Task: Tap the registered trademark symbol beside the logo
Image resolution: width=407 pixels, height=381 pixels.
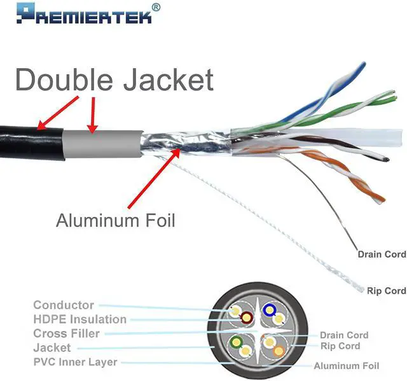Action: (x=156, y=7)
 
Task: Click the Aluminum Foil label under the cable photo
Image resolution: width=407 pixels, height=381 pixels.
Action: (x=115, y=221)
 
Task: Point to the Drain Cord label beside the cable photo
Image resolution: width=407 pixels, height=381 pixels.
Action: (x=382, y=254)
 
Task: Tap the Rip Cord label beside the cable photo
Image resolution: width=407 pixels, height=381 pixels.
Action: (x=386, y=291)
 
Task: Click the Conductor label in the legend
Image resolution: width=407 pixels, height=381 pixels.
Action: (x=64, y=305)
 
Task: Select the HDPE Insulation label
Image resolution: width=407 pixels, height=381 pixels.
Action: (x=79, y=319)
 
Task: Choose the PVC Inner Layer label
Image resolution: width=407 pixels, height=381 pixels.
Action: (x=75, y=362)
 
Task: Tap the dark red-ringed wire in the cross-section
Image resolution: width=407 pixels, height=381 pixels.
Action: (x=245, y=317)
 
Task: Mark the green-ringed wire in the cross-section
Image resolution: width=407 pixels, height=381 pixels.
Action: (x=237, y=342)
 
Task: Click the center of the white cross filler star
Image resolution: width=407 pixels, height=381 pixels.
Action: (x=258, y=331)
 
